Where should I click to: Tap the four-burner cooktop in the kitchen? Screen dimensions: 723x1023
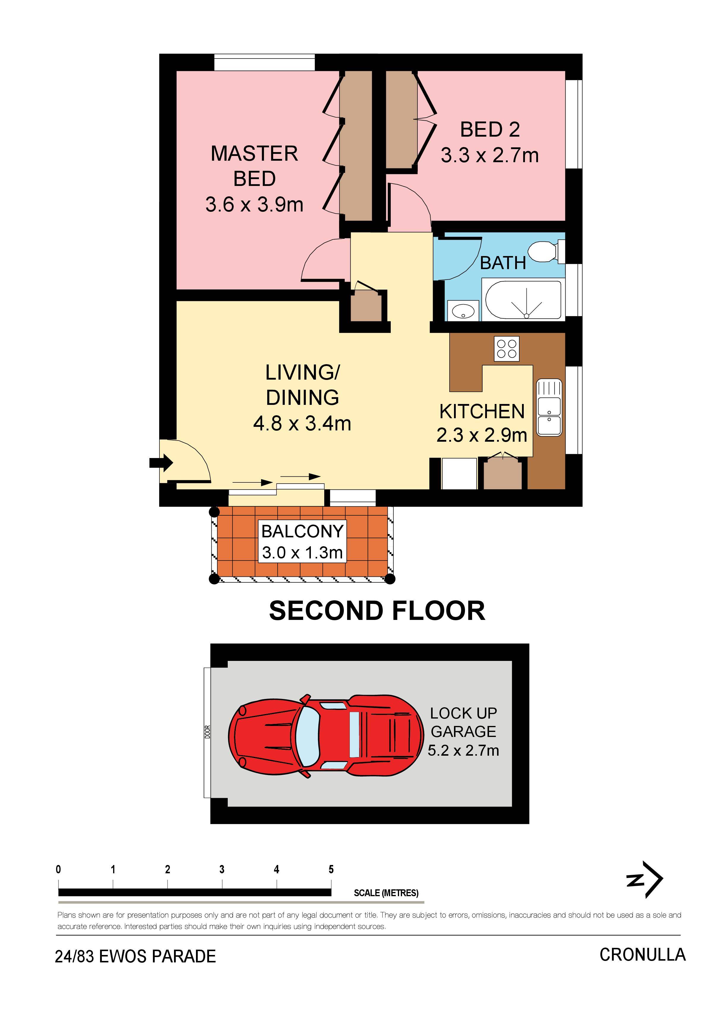point(507,348)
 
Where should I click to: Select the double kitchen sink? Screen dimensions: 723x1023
point(549,407)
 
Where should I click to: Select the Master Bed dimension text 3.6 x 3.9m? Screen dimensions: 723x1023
point(254,204)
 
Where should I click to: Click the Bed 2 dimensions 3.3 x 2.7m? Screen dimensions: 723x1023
point(490,156)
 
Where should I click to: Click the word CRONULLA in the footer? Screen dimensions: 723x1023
point(642,954)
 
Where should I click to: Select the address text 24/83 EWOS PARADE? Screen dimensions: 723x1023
point(135,956)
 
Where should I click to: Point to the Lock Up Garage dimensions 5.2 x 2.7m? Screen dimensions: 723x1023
point(463,750)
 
